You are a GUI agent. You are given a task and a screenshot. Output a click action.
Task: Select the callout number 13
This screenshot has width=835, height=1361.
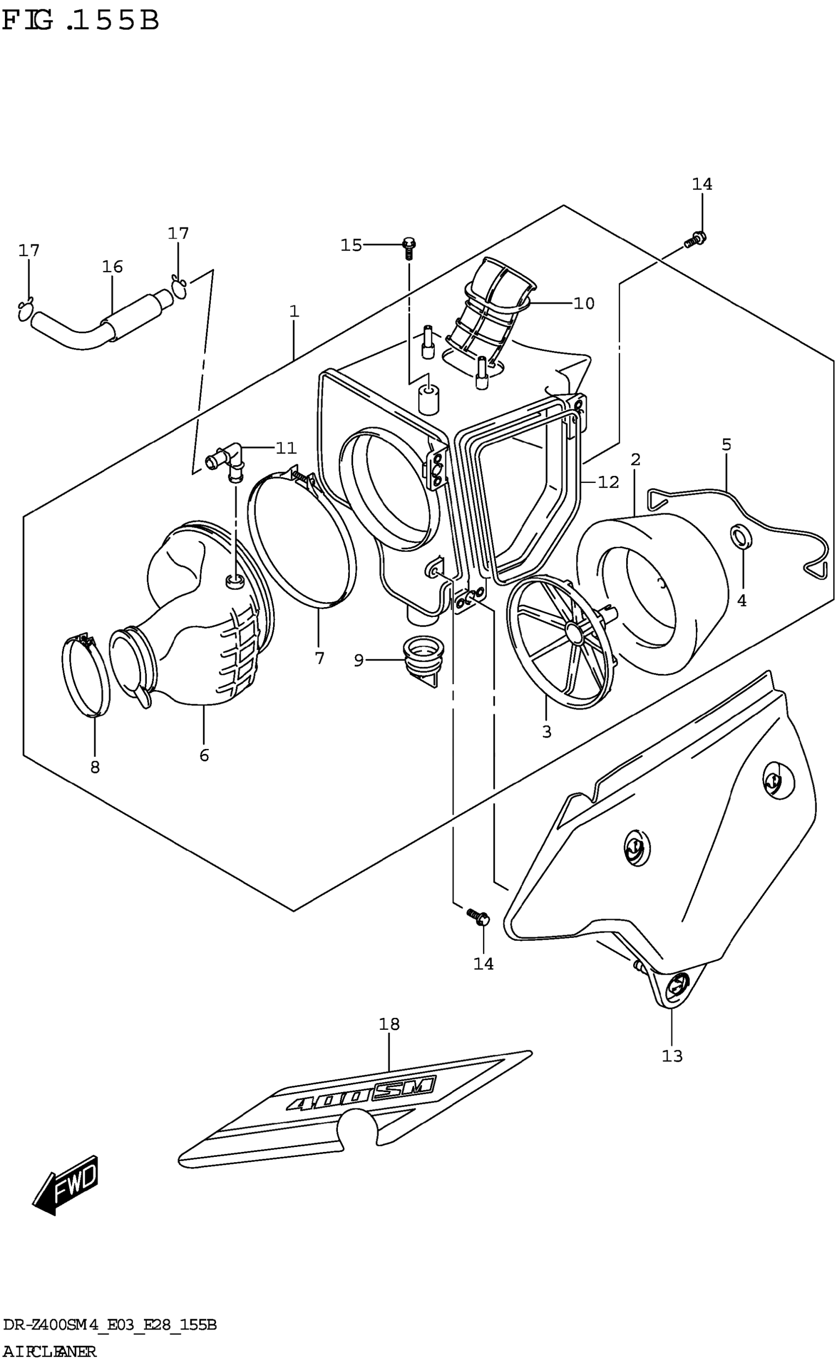[672, 1056]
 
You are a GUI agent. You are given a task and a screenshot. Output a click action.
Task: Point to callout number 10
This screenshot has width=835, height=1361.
[584, 303]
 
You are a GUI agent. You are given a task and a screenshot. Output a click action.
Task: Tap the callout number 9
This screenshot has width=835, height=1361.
[359, 660]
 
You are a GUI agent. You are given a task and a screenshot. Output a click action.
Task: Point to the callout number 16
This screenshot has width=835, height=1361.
[112, 267]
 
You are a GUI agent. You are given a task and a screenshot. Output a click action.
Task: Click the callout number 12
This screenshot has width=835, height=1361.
[609, 482]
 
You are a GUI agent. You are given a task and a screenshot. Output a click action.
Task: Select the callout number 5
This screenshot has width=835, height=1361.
[726, 445]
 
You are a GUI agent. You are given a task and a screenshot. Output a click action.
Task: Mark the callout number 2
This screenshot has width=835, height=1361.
[635, 459]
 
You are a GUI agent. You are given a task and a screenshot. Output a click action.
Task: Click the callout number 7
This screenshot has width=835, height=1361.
[319, 658]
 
